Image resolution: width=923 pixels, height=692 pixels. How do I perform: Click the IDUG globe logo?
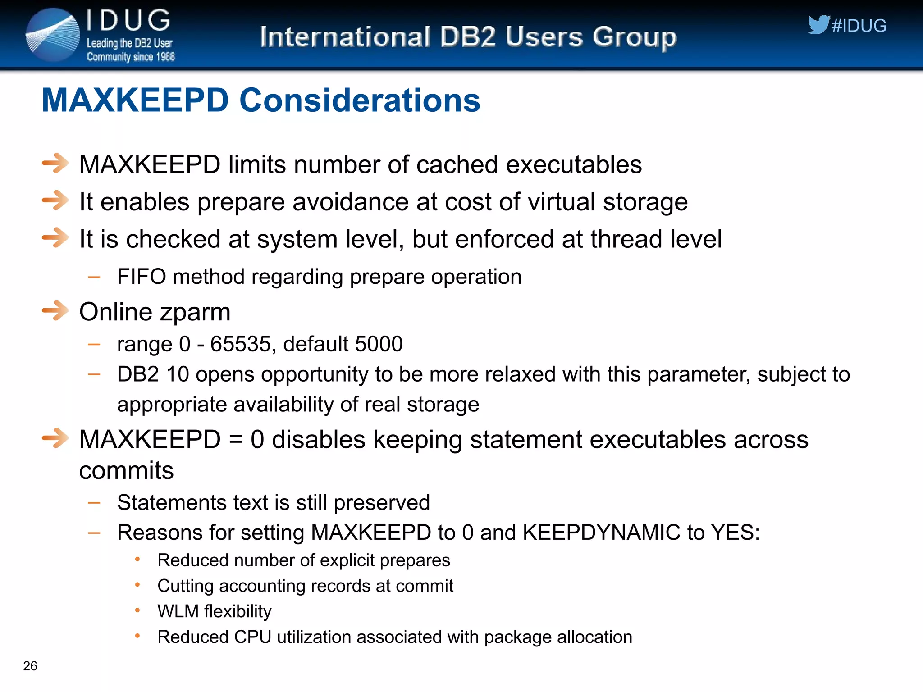pyautogui.click(x=53, y=35)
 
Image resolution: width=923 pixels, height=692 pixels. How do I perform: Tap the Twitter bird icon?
pyautogui.click(x=818, y=25)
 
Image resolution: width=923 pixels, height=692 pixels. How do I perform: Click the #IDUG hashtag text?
pyautogui.click(x=859, y=26)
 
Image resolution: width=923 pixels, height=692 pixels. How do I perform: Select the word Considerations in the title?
pyautogui.click(x=360, y=100)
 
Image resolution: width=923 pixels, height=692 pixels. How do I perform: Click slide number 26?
pyautogui.click(x=30, y=666)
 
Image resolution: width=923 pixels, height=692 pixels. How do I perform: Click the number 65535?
pyautogui.click(x=241, y=344)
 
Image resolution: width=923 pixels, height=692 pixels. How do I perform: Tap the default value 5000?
pyautogui.click(x=379, y=344)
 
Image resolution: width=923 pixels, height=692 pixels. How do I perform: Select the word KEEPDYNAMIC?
pyautogui.click(x=601, y=533)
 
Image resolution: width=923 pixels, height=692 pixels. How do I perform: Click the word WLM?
pyautogui.click(x=178, y=611)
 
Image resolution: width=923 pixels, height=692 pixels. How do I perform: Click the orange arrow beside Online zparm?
pyautogui.click(x=55, y=310)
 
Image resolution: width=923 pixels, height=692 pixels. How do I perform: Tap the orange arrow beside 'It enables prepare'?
pyautogui.click(x=55, y=200)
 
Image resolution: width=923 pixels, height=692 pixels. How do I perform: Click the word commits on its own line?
pyautogui.click(x=126, y=471)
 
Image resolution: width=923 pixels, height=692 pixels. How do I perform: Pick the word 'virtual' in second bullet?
pyautogui.click(x=562, y=201)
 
